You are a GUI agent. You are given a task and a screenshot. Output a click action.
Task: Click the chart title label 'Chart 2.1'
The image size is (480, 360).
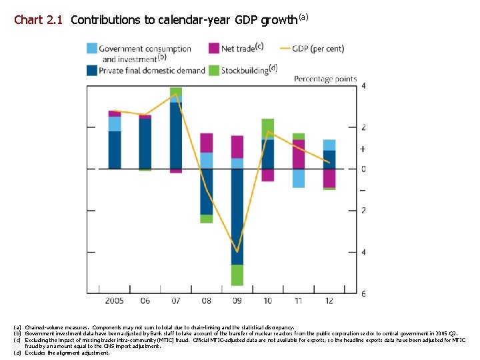(x=38, y=20)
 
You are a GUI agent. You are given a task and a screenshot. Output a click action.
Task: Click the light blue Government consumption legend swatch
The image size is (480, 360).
(x=93, y=48)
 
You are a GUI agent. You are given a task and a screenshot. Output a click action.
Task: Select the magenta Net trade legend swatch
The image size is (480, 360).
(x=214, y=48)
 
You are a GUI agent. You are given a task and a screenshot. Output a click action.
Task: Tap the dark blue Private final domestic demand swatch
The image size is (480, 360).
(x=93, y=70)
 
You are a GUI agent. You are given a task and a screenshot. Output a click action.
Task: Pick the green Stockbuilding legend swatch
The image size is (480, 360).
(x=214, y=70)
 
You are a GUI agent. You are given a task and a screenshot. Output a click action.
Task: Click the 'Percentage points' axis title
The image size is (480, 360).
(x=325, y=79)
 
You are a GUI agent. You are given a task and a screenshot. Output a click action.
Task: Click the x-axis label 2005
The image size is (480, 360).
(x=115, y=301)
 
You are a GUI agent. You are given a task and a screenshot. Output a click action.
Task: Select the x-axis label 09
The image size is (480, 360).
(x=237, y=301)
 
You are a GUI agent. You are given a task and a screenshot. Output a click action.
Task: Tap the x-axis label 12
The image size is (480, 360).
(x=329, y=301)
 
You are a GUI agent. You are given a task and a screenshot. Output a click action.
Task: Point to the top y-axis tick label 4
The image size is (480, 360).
(x=363, y=85)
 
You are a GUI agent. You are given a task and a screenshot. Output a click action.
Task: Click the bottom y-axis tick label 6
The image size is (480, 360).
(x=363, y=294)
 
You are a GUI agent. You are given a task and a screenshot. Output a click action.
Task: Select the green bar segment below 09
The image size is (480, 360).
(x=237, y=275)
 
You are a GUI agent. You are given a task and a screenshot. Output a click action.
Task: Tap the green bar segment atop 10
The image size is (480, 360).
(x=268, y=129)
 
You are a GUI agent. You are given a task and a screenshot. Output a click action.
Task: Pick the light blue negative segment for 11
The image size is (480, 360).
(x=299, y=178)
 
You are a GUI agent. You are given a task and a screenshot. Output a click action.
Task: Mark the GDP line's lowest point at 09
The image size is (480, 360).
(x=237, y=251)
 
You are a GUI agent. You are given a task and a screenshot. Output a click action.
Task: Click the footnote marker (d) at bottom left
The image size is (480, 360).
(x=17, y=353)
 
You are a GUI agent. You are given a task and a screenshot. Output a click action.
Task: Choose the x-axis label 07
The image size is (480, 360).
(x=176, y=301)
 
